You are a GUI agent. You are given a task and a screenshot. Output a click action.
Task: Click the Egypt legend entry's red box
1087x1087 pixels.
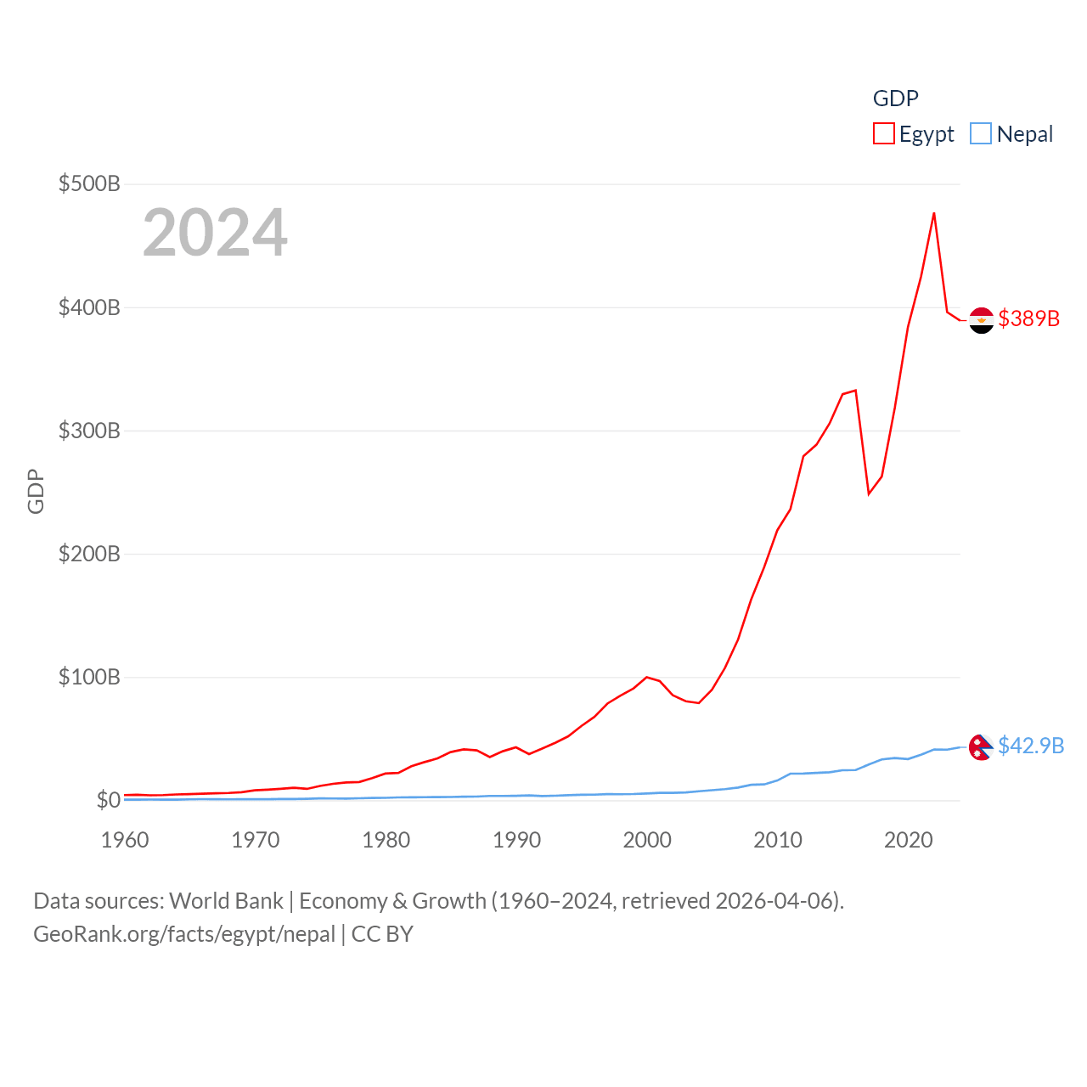click(x=884, y=134)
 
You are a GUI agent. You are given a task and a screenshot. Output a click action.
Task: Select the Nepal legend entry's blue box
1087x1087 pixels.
click(x=981, y=134)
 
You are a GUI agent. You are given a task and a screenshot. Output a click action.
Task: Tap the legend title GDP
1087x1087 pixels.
click(x=895, y=99)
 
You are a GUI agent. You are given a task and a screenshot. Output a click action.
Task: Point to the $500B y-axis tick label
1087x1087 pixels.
click(x=89, y=183)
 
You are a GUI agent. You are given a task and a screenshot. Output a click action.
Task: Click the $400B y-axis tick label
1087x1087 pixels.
click(x=89, y=307)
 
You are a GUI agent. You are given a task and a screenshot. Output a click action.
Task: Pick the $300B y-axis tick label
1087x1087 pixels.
click(x=89, y=431)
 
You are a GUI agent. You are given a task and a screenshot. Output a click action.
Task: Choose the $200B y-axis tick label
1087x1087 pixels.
click(x=89, y=554)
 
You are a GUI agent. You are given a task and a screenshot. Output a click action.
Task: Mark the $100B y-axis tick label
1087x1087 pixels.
click(x=89, y=677)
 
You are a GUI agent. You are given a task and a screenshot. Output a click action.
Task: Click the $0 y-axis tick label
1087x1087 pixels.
click(x=108, y=800)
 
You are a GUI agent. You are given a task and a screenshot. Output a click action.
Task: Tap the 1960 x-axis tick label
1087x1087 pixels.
click(x=125, y=840)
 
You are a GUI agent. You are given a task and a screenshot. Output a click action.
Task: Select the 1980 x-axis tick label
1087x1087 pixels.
click(x=386, y=840)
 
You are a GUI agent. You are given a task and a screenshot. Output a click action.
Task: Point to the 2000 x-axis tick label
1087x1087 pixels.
click(x=647, y=840)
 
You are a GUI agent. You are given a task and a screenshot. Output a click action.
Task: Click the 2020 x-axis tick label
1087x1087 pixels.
click(x=908, y=840)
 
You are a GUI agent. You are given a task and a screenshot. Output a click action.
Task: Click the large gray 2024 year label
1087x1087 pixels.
click(x=215, y=233)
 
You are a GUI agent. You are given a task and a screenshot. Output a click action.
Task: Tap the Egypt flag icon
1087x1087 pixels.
click(x=981, y=320)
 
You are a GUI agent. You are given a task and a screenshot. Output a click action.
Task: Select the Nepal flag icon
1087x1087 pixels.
click(x=981, y=747)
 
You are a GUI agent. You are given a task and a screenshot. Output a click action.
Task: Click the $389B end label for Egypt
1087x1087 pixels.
click(x=1028, y=318)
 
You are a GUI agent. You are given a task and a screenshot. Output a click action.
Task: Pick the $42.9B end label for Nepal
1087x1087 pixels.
click(x=1031, y=746)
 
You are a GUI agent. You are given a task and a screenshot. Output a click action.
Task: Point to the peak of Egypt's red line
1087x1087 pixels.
click(x=934, y=213)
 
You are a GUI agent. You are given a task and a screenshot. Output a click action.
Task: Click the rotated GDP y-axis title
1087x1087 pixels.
click(x=36, y=491)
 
